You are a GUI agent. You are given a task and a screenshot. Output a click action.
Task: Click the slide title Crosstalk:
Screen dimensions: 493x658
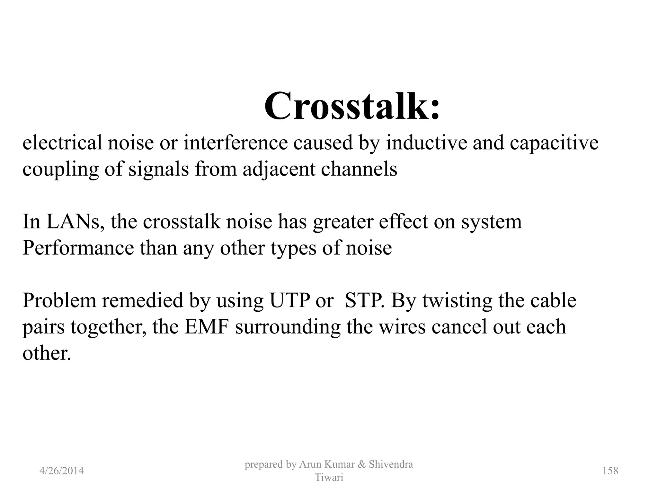click(x=352, y=106)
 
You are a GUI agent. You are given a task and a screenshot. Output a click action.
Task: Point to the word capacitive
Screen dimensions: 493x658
click(x=554, y=143)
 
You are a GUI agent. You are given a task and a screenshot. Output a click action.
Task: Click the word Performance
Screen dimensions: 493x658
click(x=78, y=248)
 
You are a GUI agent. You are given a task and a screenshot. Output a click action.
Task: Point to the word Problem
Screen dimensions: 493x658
click(x=59, y=301)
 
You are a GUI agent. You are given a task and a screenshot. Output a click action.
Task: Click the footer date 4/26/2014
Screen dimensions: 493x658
click(x=61, y=471)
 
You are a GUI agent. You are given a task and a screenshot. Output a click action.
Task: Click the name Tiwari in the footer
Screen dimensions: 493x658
click(x=329, y=478)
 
